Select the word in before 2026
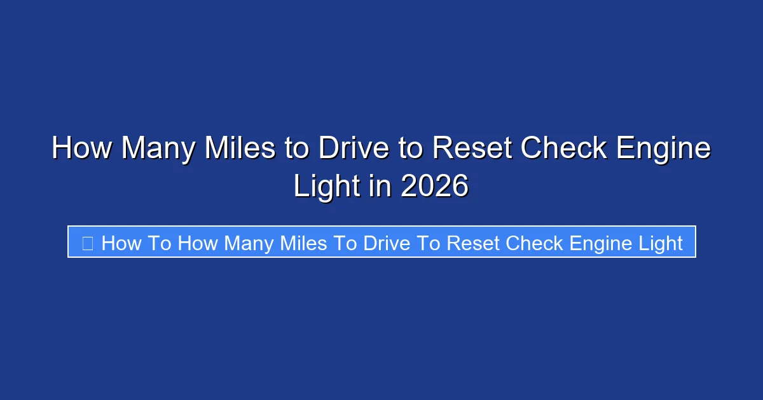click(x=377, y=187)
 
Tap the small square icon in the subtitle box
click(x=88, y=243)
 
